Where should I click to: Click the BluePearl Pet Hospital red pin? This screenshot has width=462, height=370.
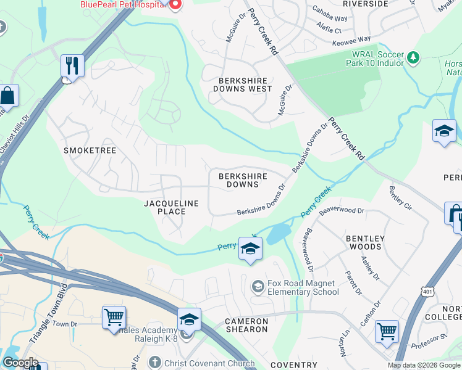174,5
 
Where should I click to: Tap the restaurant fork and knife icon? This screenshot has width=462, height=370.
72,65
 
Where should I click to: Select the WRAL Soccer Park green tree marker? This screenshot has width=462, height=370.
413,58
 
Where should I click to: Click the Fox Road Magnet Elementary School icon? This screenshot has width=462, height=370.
257,287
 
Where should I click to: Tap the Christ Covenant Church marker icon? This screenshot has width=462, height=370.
154,363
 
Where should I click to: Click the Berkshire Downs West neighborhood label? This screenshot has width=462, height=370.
242,84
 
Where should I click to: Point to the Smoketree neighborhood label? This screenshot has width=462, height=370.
90,150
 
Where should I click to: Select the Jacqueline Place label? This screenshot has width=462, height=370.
172,207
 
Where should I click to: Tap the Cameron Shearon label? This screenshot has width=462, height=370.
246,325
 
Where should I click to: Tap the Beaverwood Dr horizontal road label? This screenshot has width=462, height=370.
343,210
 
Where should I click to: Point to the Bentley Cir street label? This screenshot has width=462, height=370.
401,195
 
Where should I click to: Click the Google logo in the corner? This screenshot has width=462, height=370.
20,363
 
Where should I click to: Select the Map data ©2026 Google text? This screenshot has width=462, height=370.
423,365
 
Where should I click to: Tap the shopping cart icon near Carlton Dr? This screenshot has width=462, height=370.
387,332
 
